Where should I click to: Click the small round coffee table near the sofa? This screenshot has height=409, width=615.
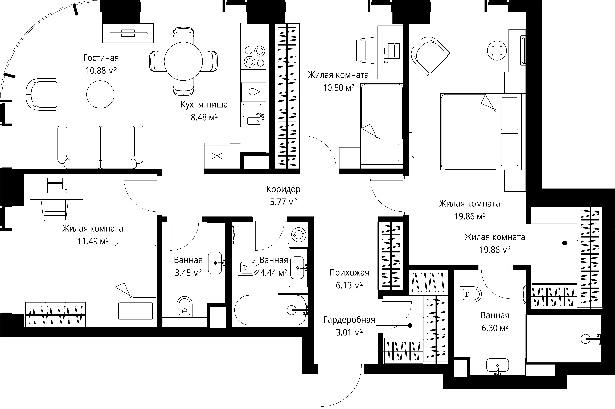[x=100, y=94]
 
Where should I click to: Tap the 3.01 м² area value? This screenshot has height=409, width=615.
[x=349, y=332]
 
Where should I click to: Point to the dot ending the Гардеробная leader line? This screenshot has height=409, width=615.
[x=410, y=326]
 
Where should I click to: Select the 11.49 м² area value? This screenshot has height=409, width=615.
[x=93, y=241]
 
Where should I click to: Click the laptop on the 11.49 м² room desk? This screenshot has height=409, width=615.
[x=55, y=185]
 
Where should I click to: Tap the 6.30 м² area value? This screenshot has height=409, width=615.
[x=495, y=328]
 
